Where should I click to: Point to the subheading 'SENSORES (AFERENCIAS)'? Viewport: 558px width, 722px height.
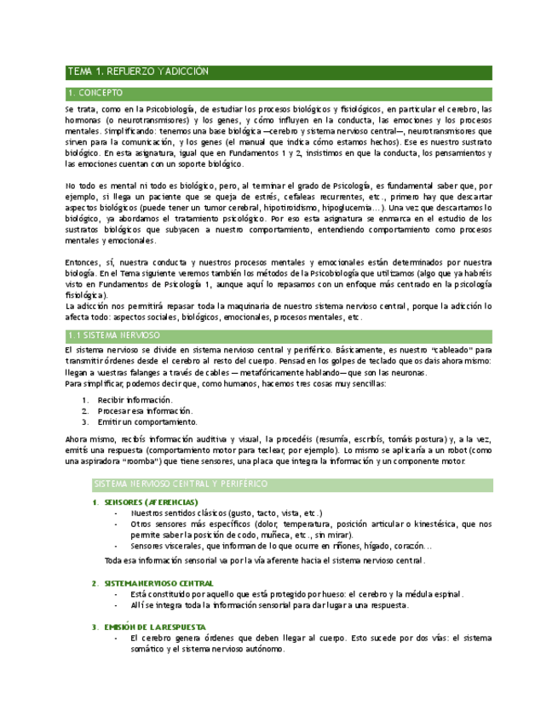[149, 502]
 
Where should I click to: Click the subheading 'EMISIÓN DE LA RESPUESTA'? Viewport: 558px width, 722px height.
[154, 627]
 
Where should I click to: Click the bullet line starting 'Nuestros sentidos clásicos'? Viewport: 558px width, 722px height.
[227, 513]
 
